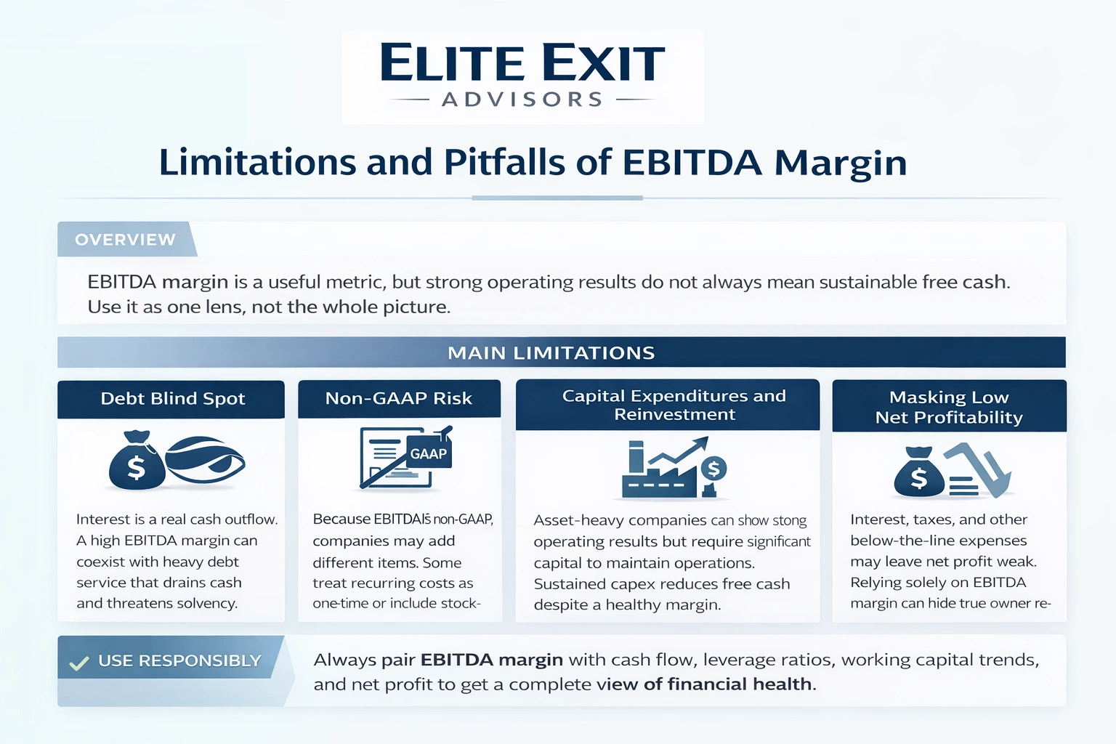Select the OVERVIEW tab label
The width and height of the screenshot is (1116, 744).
click(x=125, y=240)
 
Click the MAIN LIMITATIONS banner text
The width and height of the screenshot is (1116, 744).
click(x=551, y=353)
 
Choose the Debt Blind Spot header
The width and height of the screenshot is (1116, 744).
click(x=172, y=399)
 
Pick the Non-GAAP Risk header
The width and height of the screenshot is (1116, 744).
click(x=398, y=398)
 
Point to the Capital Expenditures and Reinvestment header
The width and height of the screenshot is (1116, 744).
click(x=674, y=405)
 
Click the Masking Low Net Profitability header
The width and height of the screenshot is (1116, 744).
click(x=948, y=407)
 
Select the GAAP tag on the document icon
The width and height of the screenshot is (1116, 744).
click(x=429, y=454)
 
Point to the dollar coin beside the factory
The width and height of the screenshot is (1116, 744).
click(x=713, y=469)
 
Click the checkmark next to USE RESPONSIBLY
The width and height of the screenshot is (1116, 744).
click(x=78, y=663)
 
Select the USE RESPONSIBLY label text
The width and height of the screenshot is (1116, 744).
click(x=179, y=661)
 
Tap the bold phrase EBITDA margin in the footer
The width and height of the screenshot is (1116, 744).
click(x=491, y=660)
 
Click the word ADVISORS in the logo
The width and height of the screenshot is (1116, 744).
click(x=522, y=100)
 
